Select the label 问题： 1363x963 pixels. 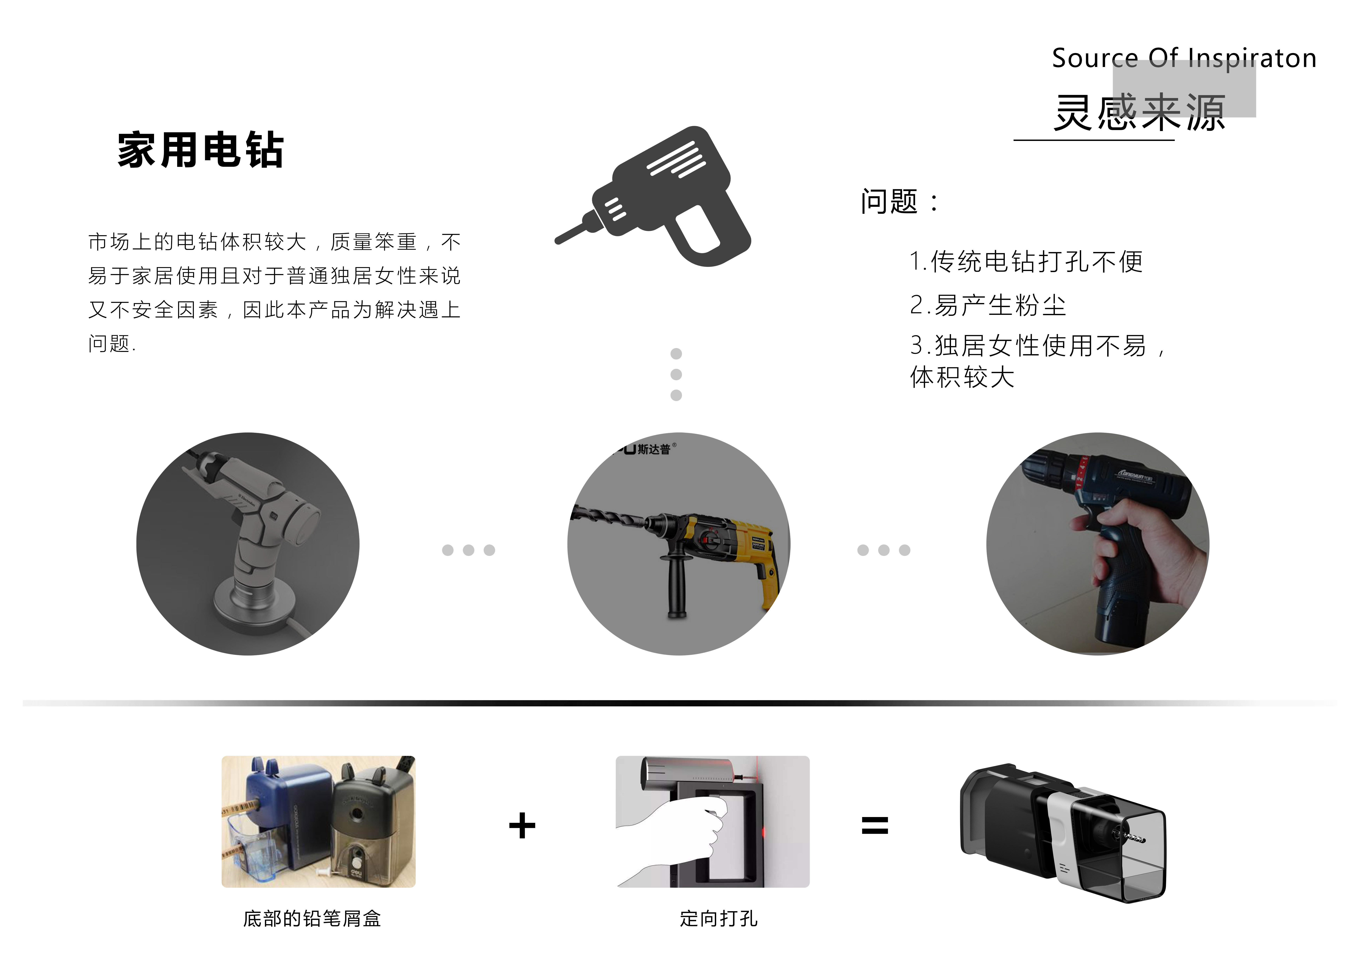pos(899,202)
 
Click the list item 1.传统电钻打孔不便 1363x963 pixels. pos(1026,262)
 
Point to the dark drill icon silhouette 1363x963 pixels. pos(665,196)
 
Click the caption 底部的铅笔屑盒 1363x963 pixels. pos(312,919)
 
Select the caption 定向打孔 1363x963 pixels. pos(718,919)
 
